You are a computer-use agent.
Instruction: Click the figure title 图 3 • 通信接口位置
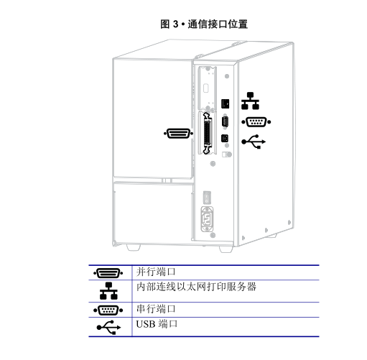tap(204, 24)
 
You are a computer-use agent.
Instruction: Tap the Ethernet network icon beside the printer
tap(250, 101)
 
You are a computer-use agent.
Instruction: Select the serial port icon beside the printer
tap(256, 122)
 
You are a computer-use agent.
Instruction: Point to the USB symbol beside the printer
tap(254, 142)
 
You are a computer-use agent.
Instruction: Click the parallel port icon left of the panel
tap(178, 134)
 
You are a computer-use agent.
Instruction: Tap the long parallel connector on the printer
tap(207, 133)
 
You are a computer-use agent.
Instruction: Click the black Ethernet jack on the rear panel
tap(226, 103)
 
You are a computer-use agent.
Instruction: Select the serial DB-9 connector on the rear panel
tap(225, 122)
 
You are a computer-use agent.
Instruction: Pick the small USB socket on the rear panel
tap(225, 139)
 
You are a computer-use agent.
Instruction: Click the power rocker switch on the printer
tap(207, 197)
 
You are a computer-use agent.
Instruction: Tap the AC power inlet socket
tap(207, 219)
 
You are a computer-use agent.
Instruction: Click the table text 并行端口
tap(156, 272)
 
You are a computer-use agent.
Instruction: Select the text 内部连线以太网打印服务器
tap(196, 287)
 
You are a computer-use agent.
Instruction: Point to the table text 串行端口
tap(156, 309)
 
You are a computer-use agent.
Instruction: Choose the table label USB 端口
tap(157, 324)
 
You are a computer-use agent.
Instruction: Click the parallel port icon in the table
tap(108, 273)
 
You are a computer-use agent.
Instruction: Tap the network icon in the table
tap(108, 291)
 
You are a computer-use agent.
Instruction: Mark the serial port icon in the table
tap(108, 310)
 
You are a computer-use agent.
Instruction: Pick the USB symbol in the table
tap(108, 327)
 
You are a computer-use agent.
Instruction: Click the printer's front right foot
tap(226, 249)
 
